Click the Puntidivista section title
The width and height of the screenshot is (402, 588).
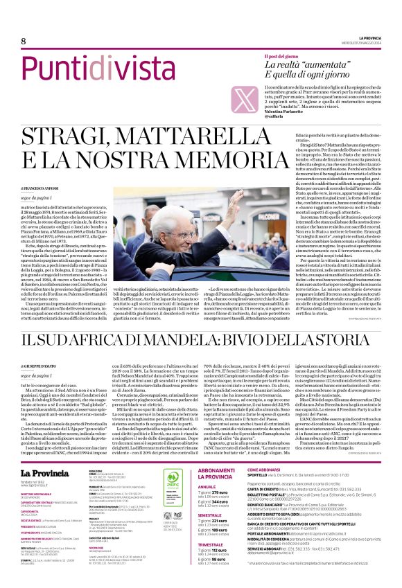point(72,70)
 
